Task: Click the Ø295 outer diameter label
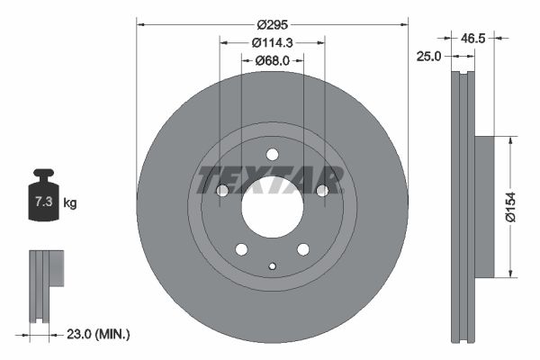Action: point(272,25)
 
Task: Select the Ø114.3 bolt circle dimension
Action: point(272,42)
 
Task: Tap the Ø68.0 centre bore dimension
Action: point(272,60)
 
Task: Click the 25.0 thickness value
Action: point(427,57)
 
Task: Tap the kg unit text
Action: point(69,204)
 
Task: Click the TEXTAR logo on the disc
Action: point(271,180)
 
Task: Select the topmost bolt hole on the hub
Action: point(272,154)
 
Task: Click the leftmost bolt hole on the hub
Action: point(222,190)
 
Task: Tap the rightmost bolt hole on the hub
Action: point(321,190)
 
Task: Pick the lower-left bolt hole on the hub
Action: point(241,248)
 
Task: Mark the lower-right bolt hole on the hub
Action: point(302,248)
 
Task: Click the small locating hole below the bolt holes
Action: point(272,265)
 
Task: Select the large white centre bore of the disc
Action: point(272,205)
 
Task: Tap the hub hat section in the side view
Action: point(483,206)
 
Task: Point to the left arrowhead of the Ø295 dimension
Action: point(139,26)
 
